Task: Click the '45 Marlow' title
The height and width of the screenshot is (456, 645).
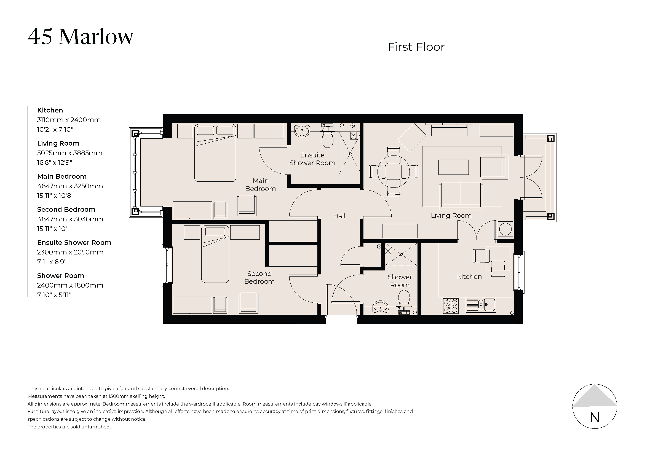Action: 81,37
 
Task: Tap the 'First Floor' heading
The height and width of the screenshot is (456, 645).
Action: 416,47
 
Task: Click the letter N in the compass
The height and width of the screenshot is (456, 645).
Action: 595,417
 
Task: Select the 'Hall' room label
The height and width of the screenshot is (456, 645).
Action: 339,216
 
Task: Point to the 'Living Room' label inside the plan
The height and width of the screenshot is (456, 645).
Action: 451,216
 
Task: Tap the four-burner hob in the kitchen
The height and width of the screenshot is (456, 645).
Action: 451,306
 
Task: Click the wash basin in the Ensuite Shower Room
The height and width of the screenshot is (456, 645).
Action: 302,131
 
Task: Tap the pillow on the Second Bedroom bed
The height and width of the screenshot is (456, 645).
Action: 215,232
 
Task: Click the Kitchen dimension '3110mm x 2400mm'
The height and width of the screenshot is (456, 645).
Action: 69,120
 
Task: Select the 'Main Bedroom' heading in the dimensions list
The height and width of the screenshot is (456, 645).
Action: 62,176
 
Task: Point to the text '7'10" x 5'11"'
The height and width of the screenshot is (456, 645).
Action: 54,295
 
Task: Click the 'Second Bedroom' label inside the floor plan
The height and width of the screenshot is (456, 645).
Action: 259,277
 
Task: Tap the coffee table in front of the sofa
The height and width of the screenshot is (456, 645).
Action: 453,167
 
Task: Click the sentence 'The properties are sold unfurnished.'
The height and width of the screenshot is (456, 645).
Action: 69,427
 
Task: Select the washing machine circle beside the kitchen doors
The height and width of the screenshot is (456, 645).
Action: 505,229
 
